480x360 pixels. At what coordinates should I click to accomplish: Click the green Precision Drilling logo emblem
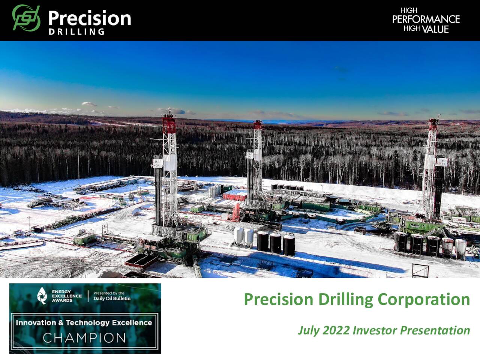point(26,18)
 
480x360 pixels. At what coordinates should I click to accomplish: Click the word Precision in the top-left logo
point(89,18)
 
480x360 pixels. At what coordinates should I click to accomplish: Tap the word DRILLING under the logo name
point(76,32)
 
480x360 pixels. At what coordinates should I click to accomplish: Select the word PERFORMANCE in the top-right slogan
point(426,19)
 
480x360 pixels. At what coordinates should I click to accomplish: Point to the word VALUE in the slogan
point(435,29)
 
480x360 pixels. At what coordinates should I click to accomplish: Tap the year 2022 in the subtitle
point(336,330)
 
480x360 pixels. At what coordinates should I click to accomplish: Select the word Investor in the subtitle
point(375,330)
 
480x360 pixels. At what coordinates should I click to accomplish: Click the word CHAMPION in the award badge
point(84,338)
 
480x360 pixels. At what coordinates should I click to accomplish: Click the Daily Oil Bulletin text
point(112,298)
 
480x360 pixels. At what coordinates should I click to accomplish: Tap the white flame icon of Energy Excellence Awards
point(42,295)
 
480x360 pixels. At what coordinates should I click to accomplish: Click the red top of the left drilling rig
point(169,123)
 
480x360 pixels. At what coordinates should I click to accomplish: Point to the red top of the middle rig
point(257,125)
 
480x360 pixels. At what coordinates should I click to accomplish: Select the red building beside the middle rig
point(235,195)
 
